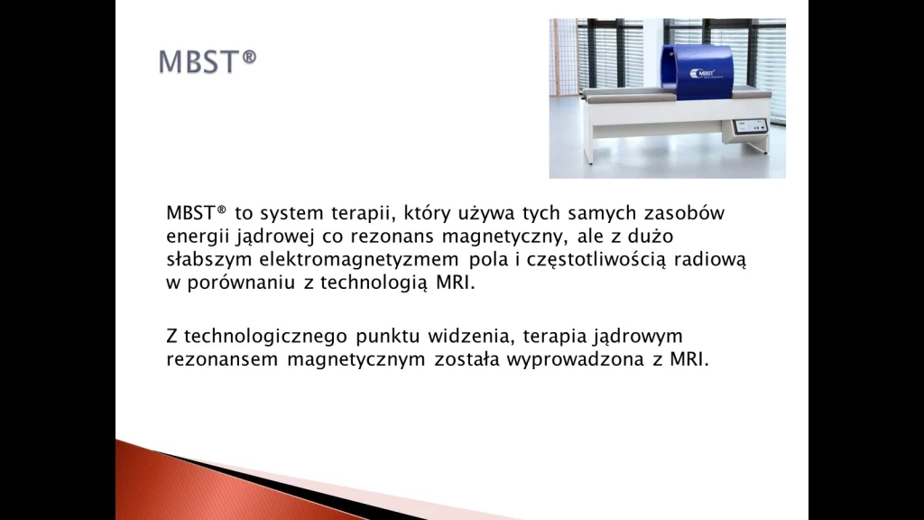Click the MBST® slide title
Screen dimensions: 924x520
[x=208, y=61]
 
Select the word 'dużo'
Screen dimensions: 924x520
[x=650, y=236]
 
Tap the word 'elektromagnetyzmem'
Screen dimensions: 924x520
[x=359, y=259]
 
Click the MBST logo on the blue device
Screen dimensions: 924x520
[x=702, y=74]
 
